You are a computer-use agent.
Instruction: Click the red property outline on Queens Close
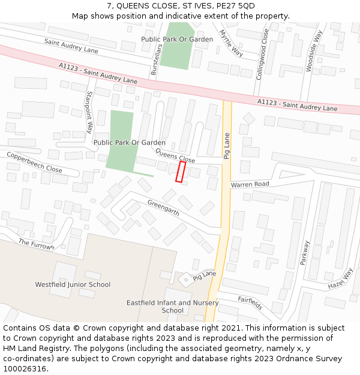tap(180, 171)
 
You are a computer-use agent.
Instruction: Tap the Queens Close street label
tap(175, 157)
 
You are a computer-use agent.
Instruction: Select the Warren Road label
tap(250, 184)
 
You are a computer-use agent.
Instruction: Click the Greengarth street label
tap(163, 208)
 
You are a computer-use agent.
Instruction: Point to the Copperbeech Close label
tap(34, 163)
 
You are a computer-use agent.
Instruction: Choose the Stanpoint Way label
tap(90, 112)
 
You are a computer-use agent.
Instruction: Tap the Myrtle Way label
tap(231, 43)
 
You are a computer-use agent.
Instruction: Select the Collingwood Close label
tap(262, 55)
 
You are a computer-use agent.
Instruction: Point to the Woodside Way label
tap(310, 50)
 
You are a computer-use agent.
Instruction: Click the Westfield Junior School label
tap(73, 284)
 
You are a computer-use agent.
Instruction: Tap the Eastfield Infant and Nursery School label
tap(173, 307)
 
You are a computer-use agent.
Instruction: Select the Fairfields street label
tap(250, 302)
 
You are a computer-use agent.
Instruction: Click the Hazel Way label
tap(340, 279)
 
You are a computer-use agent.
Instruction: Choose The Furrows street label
tap(36, 243)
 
